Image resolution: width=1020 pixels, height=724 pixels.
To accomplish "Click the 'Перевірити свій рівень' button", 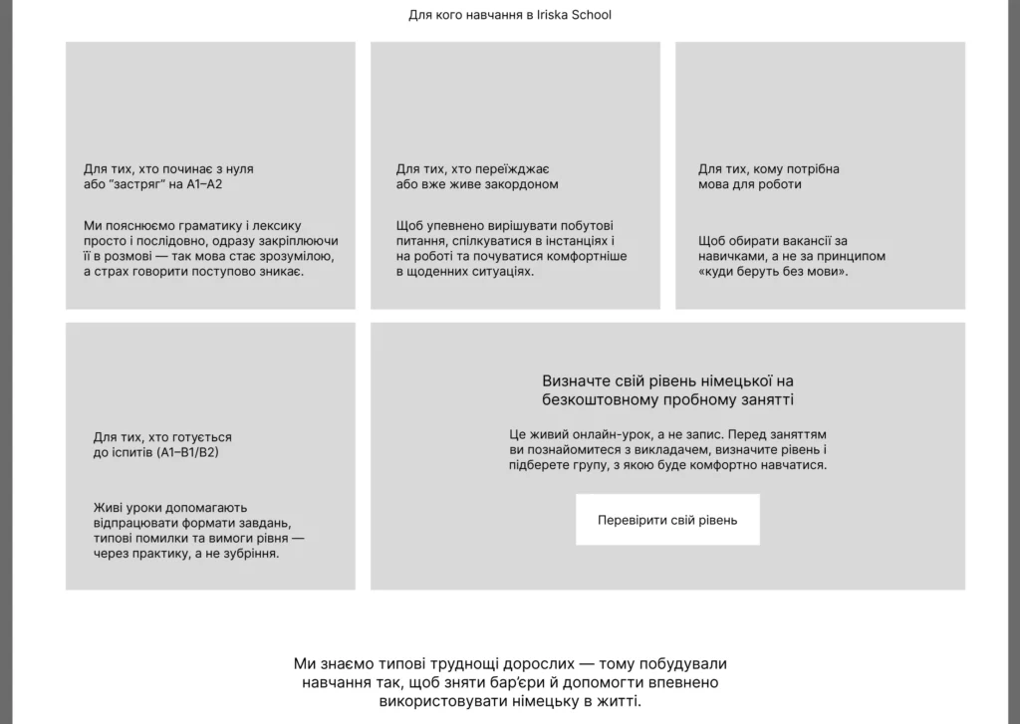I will click(x=667, y=520).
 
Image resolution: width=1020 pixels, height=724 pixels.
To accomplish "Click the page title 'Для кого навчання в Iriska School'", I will click(x=510, y=15).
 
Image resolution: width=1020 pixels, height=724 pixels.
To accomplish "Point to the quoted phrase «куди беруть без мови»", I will click(x=773, y=271).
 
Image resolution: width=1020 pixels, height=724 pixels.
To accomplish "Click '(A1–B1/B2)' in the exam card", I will click(x=187, y=452).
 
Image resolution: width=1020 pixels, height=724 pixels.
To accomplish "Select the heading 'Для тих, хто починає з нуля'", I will click(x=168, y=169).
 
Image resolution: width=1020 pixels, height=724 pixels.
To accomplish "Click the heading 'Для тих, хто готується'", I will click(x=162, y=437).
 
